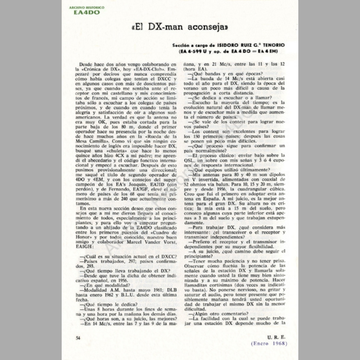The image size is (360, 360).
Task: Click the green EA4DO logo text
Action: click(x=84, y=12)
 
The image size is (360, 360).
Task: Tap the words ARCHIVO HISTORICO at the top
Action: click(x=87, y=7)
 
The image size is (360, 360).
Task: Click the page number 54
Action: click(x=78, y=338)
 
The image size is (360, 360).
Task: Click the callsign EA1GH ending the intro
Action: click(x=83, y=247)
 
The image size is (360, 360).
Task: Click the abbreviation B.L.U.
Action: click(x=128, y=295)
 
